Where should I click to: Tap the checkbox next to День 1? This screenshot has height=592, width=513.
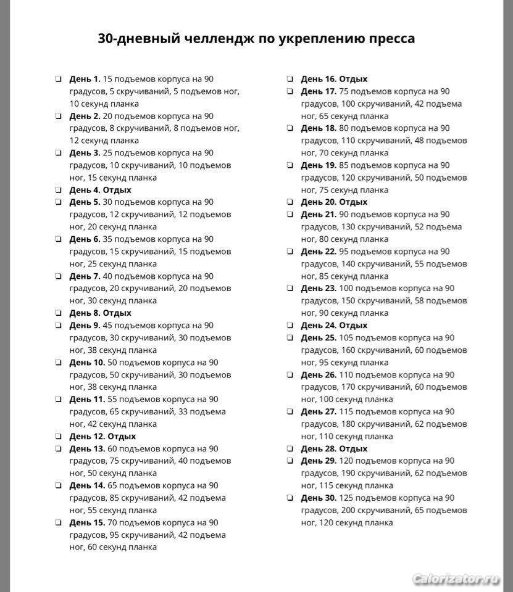pos(57,79)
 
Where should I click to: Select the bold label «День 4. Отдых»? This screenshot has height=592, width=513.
pos(100,190)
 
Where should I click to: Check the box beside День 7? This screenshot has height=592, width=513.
pos(57,276)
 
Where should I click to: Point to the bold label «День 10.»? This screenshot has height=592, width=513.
pos(87,363)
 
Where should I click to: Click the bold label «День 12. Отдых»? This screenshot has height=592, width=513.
pos(102,436)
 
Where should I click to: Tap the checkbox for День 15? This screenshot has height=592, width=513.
pos(57,522)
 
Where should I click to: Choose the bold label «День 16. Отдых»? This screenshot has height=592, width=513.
pos(334,79)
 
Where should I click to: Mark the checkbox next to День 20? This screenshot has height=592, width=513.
pos(290,202)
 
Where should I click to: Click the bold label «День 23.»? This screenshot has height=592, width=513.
pos(319,288)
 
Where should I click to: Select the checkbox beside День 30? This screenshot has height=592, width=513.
pos(290,498)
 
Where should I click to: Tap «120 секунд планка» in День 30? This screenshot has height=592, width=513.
pos(356,522)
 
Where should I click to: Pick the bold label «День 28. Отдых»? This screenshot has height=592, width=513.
pos(334,448)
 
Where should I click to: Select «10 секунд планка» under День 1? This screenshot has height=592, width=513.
pos(104,104)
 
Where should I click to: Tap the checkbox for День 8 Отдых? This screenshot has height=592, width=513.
pos(57,313)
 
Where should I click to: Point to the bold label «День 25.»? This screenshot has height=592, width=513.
pos(319,337)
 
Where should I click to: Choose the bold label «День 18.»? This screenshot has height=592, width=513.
pos(319,128)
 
